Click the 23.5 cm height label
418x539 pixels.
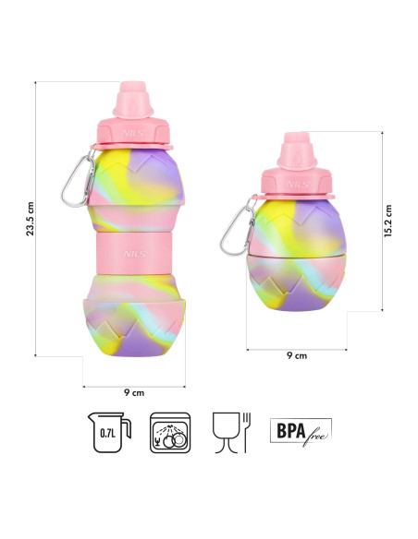click(x=31, y=219)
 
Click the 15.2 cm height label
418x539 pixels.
click(x=388, y=222)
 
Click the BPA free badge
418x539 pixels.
click(x=299, y=431)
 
